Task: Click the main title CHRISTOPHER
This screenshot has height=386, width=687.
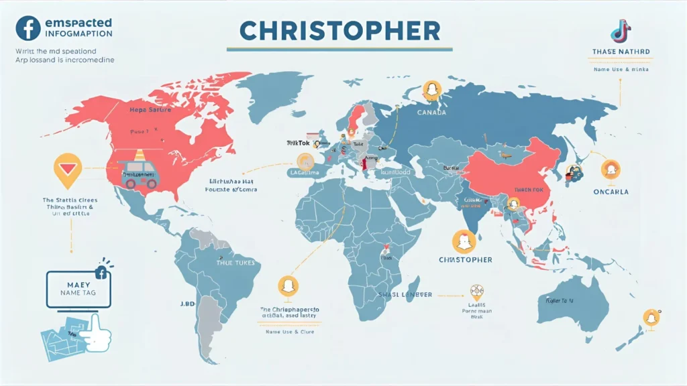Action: click(x=339, y=30)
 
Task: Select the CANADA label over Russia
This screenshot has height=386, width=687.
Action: click(x=431, y=112)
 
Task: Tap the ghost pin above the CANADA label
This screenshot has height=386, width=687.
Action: click(x=432, y=90)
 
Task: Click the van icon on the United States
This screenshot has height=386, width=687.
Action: click(x=140, y=173)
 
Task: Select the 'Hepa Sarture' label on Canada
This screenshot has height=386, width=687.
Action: click(x=150, y=109)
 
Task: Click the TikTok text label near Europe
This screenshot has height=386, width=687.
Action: click(x=294, y=143)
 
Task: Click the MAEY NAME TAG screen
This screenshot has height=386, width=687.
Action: click(x=78, y=289)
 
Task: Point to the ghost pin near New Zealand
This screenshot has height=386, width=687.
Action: click(x=651, y=318)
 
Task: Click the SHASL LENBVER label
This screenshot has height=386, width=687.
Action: click(x=405, y=294)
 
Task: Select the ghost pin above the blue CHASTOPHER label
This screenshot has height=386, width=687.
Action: click(x=464, y=241)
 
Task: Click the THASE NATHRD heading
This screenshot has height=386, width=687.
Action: click(x=621, y=52)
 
